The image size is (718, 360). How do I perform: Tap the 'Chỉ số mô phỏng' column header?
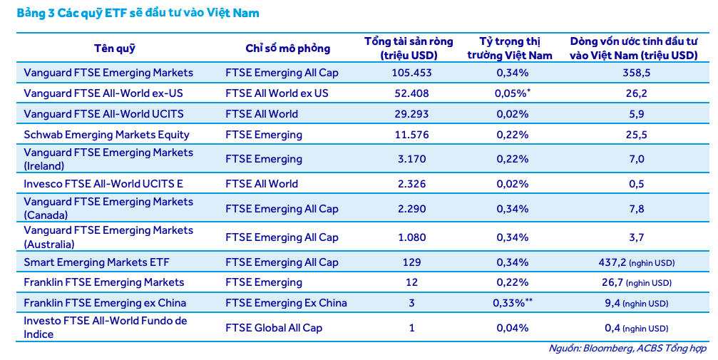point(287,48)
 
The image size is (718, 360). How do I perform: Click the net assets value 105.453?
point(411,73)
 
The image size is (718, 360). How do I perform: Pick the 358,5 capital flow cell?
point(637,73)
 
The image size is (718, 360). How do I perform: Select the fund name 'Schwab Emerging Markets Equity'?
point(106,135)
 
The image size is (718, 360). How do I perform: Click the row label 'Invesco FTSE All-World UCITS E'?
point(103,184)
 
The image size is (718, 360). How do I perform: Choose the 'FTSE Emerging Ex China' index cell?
point(286,303)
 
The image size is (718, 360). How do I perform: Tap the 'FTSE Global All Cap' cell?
point(274,328)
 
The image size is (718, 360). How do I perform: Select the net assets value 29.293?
point(411,114)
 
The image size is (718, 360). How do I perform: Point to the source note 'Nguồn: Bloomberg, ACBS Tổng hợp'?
point(627,349)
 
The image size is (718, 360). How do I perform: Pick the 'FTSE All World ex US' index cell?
point(277,93)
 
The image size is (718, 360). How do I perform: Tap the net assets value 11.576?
point(411,135)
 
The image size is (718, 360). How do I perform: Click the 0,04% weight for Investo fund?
point(512,328)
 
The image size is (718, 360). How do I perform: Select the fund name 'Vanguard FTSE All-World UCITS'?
point(103,114)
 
